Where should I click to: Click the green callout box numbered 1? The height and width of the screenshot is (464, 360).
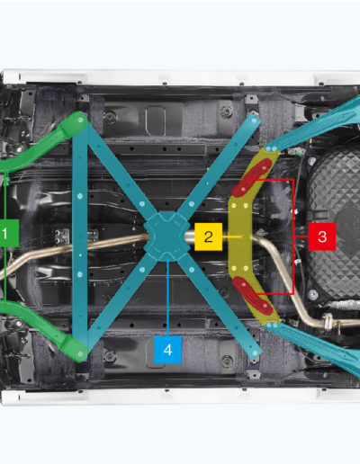(9, 233)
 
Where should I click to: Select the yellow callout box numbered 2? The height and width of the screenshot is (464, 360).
(209, 236)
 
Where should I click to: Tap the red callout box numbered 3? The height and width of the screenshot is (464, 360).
(322, 236)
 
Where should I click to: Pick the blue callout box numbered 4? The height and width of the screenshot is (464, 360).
(167, 350)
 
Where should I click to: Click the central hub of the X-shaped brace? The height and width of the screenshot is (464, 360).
(166, 236)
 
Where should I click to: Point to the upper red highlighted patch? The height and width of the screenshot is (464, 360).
(251, 178)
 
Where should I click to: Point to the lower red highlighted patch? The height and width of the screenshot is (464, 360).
(252, 296)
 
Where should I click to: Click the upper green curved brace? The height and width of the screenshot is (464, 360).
(45, 142)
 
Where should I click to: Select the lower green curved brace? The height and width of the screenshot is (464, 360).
(45, 330)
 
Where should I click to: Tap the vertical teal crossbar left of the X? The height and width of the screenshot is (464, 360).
(80, 236)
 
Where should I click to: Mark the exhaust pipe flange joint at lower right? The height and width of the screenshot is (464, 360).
(328, 321)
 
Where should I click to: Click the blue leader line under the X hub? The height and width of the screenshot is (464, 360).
(168, 297)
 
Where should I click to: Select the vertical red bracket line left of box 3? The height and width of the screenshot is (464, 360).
(292, 236)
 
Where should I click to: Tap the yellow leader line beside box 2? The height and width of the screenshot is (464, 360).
(232, 236)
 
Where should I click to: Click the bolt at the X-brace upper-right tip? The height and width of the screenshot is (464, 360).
(255, 120)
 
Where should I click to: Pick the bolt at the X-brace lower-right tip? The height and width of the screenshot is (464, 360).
(255, 353)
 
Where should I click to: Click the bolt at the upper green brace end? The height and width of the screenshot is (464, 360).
(80, 120)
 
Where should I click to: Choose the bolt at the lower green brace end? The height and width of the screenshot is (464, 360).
(80, 354)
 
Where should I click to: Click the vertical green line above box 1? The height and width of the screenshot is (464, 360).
(5, 196)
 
